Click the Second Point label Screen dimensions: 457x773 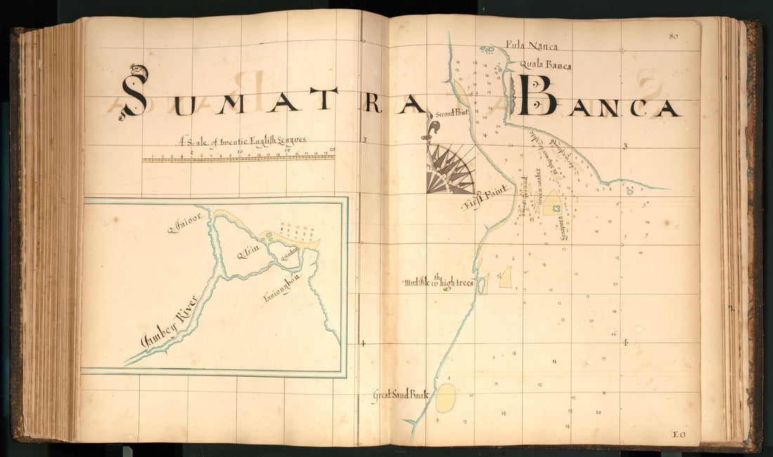click(x=451, y=112)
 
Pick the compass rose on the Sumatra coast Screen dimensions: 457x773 click(x=450, y=169)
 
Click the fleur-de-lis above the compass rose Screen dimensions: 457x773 click(x=434, y=129)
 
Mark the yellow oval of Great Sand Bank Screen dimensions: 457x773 click(x=446, y=398)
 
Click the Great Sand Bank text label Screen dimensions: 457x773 click(x=401, y=396)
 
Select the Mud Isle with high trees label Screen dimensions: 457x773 click(x=439, y=283)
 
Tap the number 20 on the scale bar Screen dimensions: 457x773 click(x=332, y=150)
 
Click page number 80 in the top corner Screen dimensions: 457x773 click(x=673, y=37)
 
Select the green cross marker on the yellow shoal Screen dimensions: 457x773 click(x=556, y=208)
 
